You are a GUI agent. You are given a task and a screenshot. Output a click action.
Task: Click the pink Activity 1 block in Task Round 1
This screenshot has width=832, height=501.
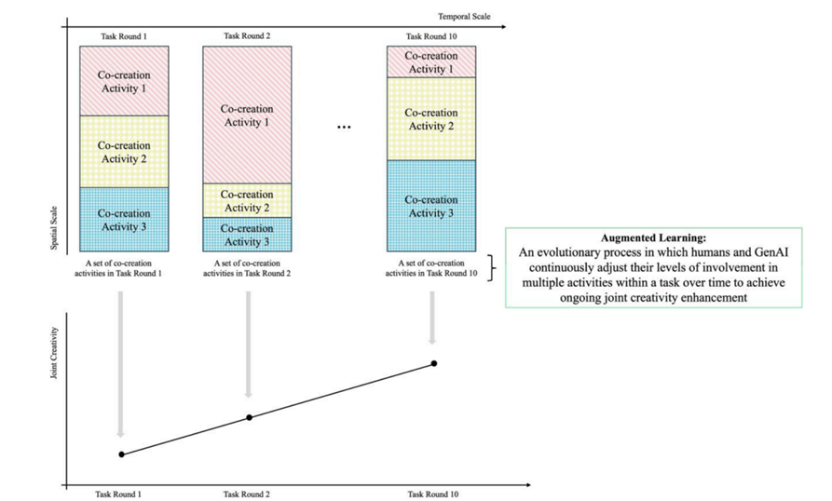pyautogui.click(x=123, y=81)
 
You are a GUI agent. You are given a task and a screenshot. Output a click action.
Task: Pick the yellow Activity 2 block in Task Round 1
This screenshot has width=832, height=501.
pyautogui.click(x=123, y=152)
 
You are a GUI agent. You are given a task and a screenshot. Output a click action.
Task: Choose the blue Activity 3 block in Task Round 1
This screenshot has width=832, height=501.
pyautogui.click(x=123, y=220)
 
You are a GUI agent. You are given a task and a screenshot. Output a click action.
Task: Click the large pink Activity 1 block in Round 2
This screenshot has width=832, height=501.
pyautogui.click(x=248, y=115)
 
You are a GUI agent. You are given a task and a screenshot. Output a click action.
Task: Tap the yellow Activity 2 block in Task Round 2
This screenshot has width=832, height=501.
pyautogui.click(x=248, y=200)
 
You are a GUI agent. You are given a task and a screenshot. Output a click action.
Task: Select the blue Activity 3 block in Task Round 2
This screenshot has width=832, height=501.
pyautogui.click(x=248, y=235)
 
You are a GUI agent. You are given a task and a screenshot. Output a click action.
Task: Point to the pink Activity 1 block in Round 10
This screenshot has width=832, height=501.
pyautogui.click(x=431, y=62)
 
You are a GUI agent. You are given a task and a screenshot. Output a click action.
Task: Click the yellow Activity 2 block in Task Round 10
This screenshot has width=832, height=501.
pyautogui.click(x=431, y=119)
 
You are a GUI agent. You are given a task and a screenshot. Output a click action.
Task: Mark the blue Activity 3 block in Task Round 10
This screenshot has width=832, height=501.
pyautogui.click(x=431, y=206)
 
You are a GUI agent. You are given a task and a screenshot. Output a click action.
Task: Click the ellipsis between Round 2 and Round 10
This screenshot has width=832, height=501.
pyautogui.click(x=343, y=128)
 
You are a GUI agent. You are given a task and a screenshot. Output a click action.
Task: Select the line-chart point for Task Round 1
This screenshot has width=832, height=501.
pyautogui.click(x=122, y=454)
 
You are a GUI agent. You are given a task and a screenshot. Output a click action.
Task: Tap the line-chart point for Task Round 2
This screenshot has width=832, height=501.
pyautogui.click(x=249, y=417)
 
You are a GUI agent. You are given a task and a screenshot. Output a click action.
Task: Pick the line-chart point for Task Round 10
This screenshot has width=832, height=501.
pyautogui.click(x=433, y=363)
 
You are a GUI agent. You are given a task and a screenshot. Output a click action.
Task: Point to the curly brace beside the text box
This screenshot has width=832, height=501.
pyautogui.click(x=492, y=267)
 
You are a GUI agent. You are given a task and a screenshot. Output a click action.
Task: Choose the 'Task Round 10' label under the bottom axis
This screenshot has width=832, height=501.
pyautogui.click(x=434, y=494)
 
